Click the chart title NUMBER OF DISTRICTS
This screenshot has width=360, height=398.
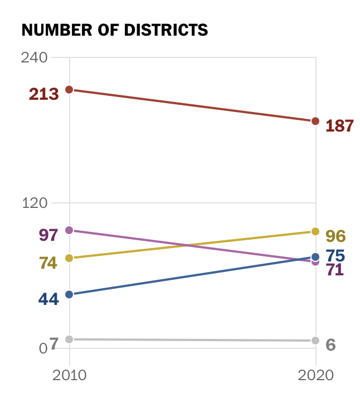(x=114, y=30)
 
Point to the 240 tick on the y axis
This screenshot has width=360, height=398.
(x=34, y=57)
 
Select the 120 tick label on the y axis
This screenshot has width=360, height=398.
(x=34, y=203)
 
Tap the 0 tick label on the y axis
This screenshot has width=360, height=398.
(x=42, y=348)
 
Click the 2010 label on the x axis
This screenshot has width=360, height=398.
(x=70, y=375)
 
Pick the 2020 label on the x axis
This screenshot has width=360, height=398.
(x=316, y=375)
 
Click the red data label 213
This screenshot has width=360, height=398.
(x=44, y=94)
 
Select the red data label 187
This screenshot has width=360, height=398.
(x=339, y=126)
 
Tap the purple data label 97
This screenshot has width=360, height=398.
(x=48, y=235)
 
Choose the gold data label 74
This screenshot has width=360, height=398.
(x=48, y=263)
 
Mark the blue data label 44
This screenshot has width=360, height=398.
(x=48, y=299)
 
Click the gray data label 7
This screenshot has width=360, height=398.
(x=53, y=343)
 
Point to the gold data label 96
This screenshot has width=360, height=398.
(x=335, y=236)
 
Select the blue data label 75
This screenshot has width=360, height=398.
(x=335, y=256)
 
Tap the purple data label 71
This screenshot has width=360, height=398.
(x=334, y=270)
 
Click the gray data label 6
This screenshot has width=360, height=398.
(x=330, y=344)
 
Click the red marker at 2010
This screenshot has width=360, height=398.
(x=70, y=89)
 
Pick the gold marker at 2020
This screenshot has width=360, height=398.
(x=315, y=231)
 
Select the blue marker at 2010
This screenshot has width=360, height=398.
(x=70, y=294)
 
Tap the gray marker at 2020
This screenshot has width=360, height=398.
(x=315, y=340)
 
